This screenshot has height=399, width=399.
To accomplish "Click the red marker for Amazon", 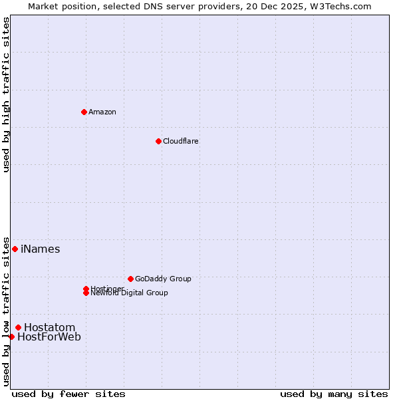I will (84, 112).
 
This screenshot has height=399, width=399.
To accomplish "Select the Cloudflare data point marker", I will (158, 141).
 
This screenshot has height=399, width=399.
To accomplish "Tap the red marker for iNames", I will (15, 249).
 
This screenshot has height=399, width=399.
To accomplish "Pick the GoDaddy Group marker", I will (130, 279).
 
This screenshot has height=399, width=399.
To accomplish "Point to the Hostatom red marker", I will (18, 327).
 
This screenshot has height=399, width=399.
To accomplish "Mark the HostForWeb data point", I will (11, 336).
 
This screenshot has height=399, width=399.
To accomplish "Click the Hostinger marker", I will (86, 289).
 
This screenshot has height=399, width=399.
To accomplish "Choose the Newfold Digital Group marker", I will (86, 293).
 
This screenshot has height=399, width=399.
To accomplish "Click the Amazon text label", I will (102, 112).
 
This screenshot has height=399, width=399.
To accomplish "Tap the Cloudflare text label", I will (180, 141).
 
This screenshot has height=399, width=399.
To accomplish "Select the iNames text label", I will (40, 249).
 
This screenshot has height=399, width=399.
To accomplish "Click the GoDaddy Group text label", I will (163, 279).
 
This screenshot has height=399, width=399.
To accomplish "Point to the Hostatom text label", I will (49, 327).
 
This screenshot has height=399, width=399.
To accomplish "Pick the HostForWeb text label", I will (49, 337).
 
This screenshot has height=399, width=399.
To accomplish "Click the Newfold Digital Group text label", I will (129, 293).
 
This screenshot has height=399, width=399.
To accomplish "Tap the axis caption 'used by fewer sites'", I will (68, 394).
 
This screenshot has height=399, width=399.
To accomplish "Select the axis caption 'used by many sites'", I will (334, 394).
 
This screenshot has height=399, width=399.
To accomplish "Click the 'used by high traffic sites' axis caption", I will (7, 94).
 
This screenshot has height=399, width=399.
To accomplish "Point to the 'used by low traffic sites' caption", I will (7, 311).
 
